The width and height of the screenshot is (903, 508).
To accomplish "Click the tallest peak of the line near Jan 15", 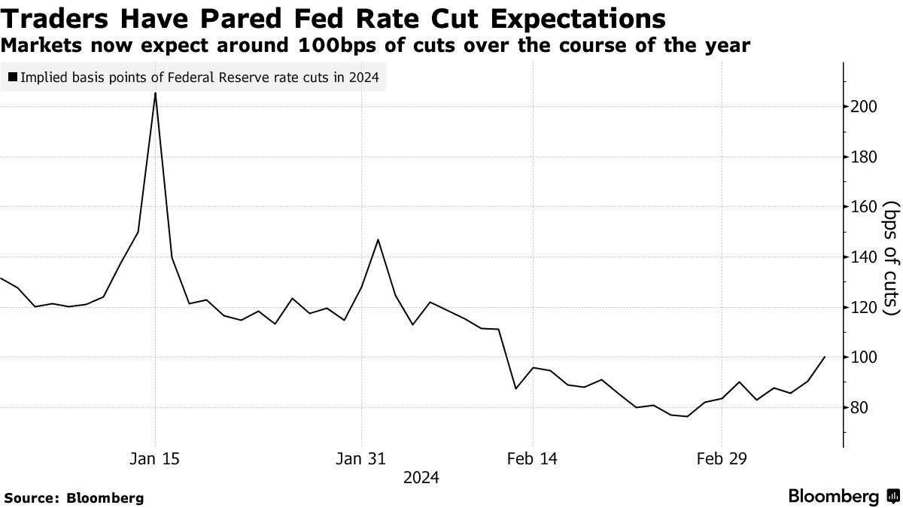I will point(155,93).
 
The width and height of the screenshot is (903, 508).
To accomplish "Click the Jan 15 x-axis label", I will point(155,458).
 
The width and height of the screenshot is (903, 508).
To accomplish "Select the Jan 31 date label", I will point(362,458).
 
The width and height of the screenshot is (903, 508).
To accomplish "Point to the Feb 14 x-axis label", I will point(532,458).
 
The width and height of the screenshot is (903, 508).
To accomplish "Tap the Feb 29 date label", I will point(722,458).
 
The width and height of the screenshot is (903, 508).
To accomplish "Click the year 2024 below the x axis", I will point(421,478).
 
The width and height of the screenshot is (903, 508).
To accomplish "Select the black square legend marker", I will point(13,77).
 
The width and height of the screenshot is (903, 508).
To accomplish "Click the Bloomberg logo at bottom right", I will point(843,497).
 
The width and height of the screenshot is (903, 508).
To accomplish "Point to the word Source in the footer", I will point(31,497).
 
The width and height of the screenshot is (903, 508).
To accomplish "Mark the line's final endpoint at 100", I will point(825,357).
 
